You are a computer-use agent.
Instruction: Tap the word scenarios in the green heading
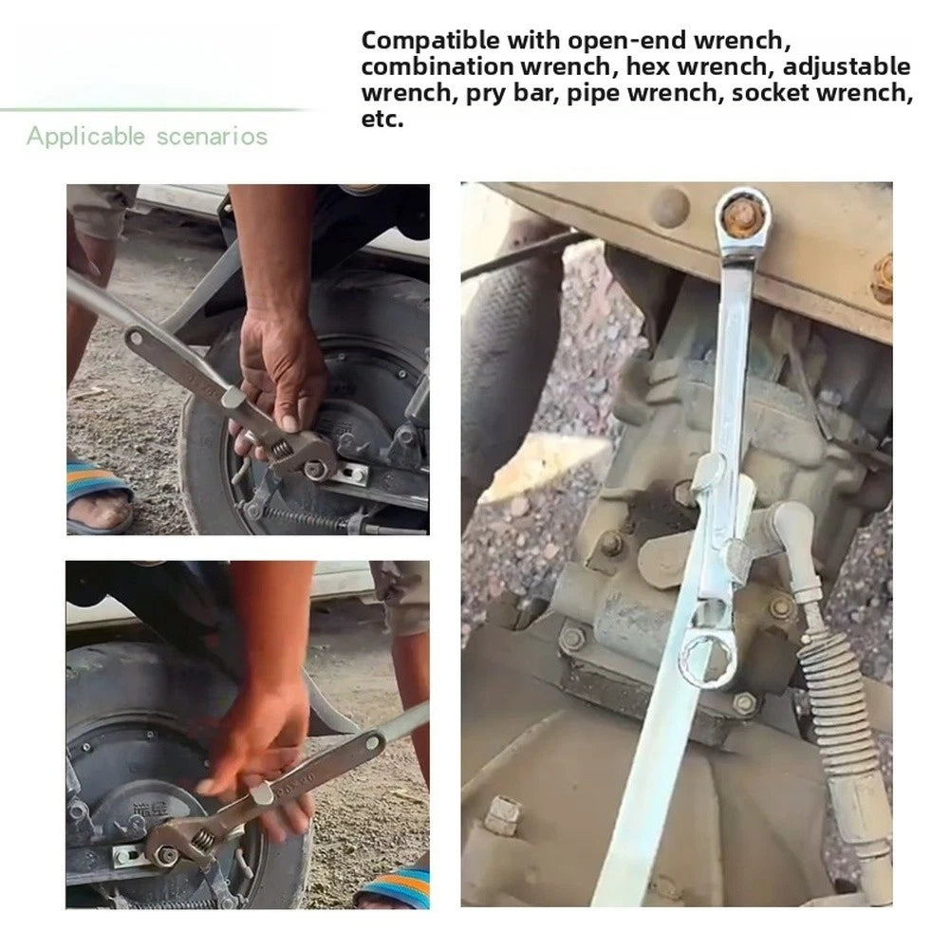(x=212, y=137)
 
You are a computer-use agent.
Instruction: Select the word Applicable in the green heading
(x=85, y=137)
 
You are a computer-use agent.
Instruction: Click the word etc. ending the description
(x=382, y=119)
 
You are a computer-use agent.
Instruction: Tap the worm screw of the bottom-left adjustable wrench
(x=203, y=839)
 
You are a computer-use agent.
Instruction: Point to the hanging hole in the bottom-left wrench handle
(x=373, y=741)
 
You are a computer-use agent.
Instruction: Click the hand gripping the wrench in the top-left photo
(x=282, y=369)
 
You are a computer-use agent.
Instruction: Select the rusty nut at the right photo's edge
(x=883, y=278)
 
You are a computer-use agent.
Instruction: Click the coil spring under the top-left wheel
(x=304, y=518)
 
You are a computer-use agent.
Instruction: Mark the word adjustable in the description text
(x=847, y=66)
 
